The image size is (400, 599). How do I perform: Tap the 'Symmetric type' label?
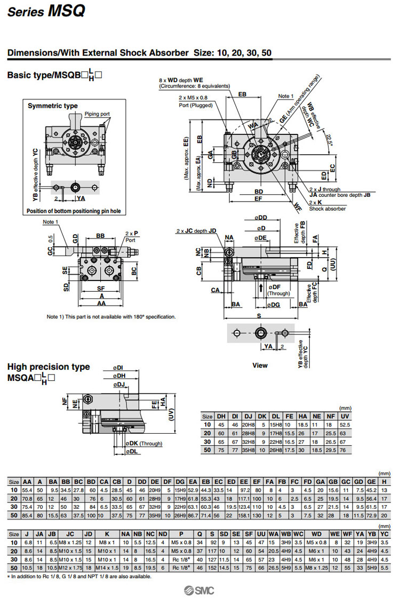pyautogui.click(x=52, y=106)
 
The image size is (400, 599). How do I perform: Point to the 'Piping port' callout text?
pyautogui.click(x=97, y=114)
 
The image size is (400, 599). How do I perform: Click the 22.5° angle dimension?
pyautogui.click(x=329, y=140)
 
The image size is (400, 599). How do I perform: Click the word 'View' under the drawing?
pyautogui.click(x=260, y=365)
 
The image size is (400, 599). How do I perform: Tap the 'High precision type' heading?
pyautogui.click(x=49, y=367)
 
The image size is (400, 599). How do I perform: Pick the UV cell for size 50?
pyautogui.click(x=345, y=450)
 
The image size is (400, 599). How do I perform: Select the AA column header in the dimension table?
pyautogui.click(x=28, y=482)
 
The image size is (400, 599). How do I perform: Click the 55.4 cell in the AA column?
pyautogui.click(x=28, y=490)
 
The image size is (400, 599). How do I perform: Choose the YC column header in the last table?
pyautogui.click(x=385, y=534)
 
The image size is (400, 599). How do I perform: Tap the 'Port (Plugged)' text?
pyautogui.click(x=195, y=105)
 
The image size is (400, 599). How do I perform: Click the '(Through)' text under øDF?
pyautogui.click(x=278, y=293)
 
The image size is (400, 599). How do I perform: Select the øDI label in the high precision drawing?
pyautogui.click(x=118, y=368)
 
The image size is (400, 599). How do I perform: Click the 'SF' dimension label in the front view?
pyautogui.click(x=100, y=288)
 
